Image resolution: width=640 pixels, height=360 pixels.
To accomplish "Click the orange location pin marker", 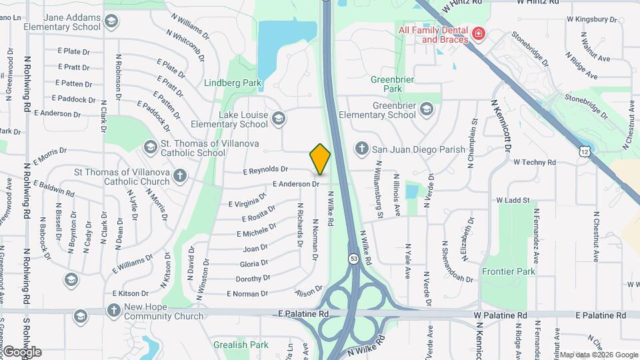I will pos(320,159).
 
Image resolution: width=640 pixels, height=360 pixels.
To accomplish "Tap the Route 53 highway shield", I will pos(353,257).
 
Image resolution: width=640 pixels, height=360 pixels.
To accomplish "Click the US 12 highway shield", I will pos(584,153).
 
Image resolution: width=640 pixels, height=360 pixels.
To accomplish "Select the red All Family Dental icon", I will pos(478,34).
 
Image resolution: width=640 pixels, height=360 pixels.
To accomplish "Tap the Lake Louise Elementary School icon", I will pos(279,119).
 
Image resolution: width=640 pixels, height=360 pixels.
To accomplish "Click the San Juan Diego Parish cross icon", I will pos(361,149).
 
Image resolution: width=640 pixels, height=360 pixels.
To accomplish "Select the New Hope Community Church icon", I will pos(113,311).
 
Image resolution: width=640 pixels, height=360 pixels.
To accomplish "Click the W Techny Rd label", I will pos(534,162).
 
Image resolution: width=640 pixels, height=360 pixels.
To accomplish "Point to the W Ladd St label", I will pos(512,200).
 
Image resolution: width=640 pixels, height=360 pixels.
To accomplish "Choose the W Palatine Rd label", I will pos(500,315).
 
